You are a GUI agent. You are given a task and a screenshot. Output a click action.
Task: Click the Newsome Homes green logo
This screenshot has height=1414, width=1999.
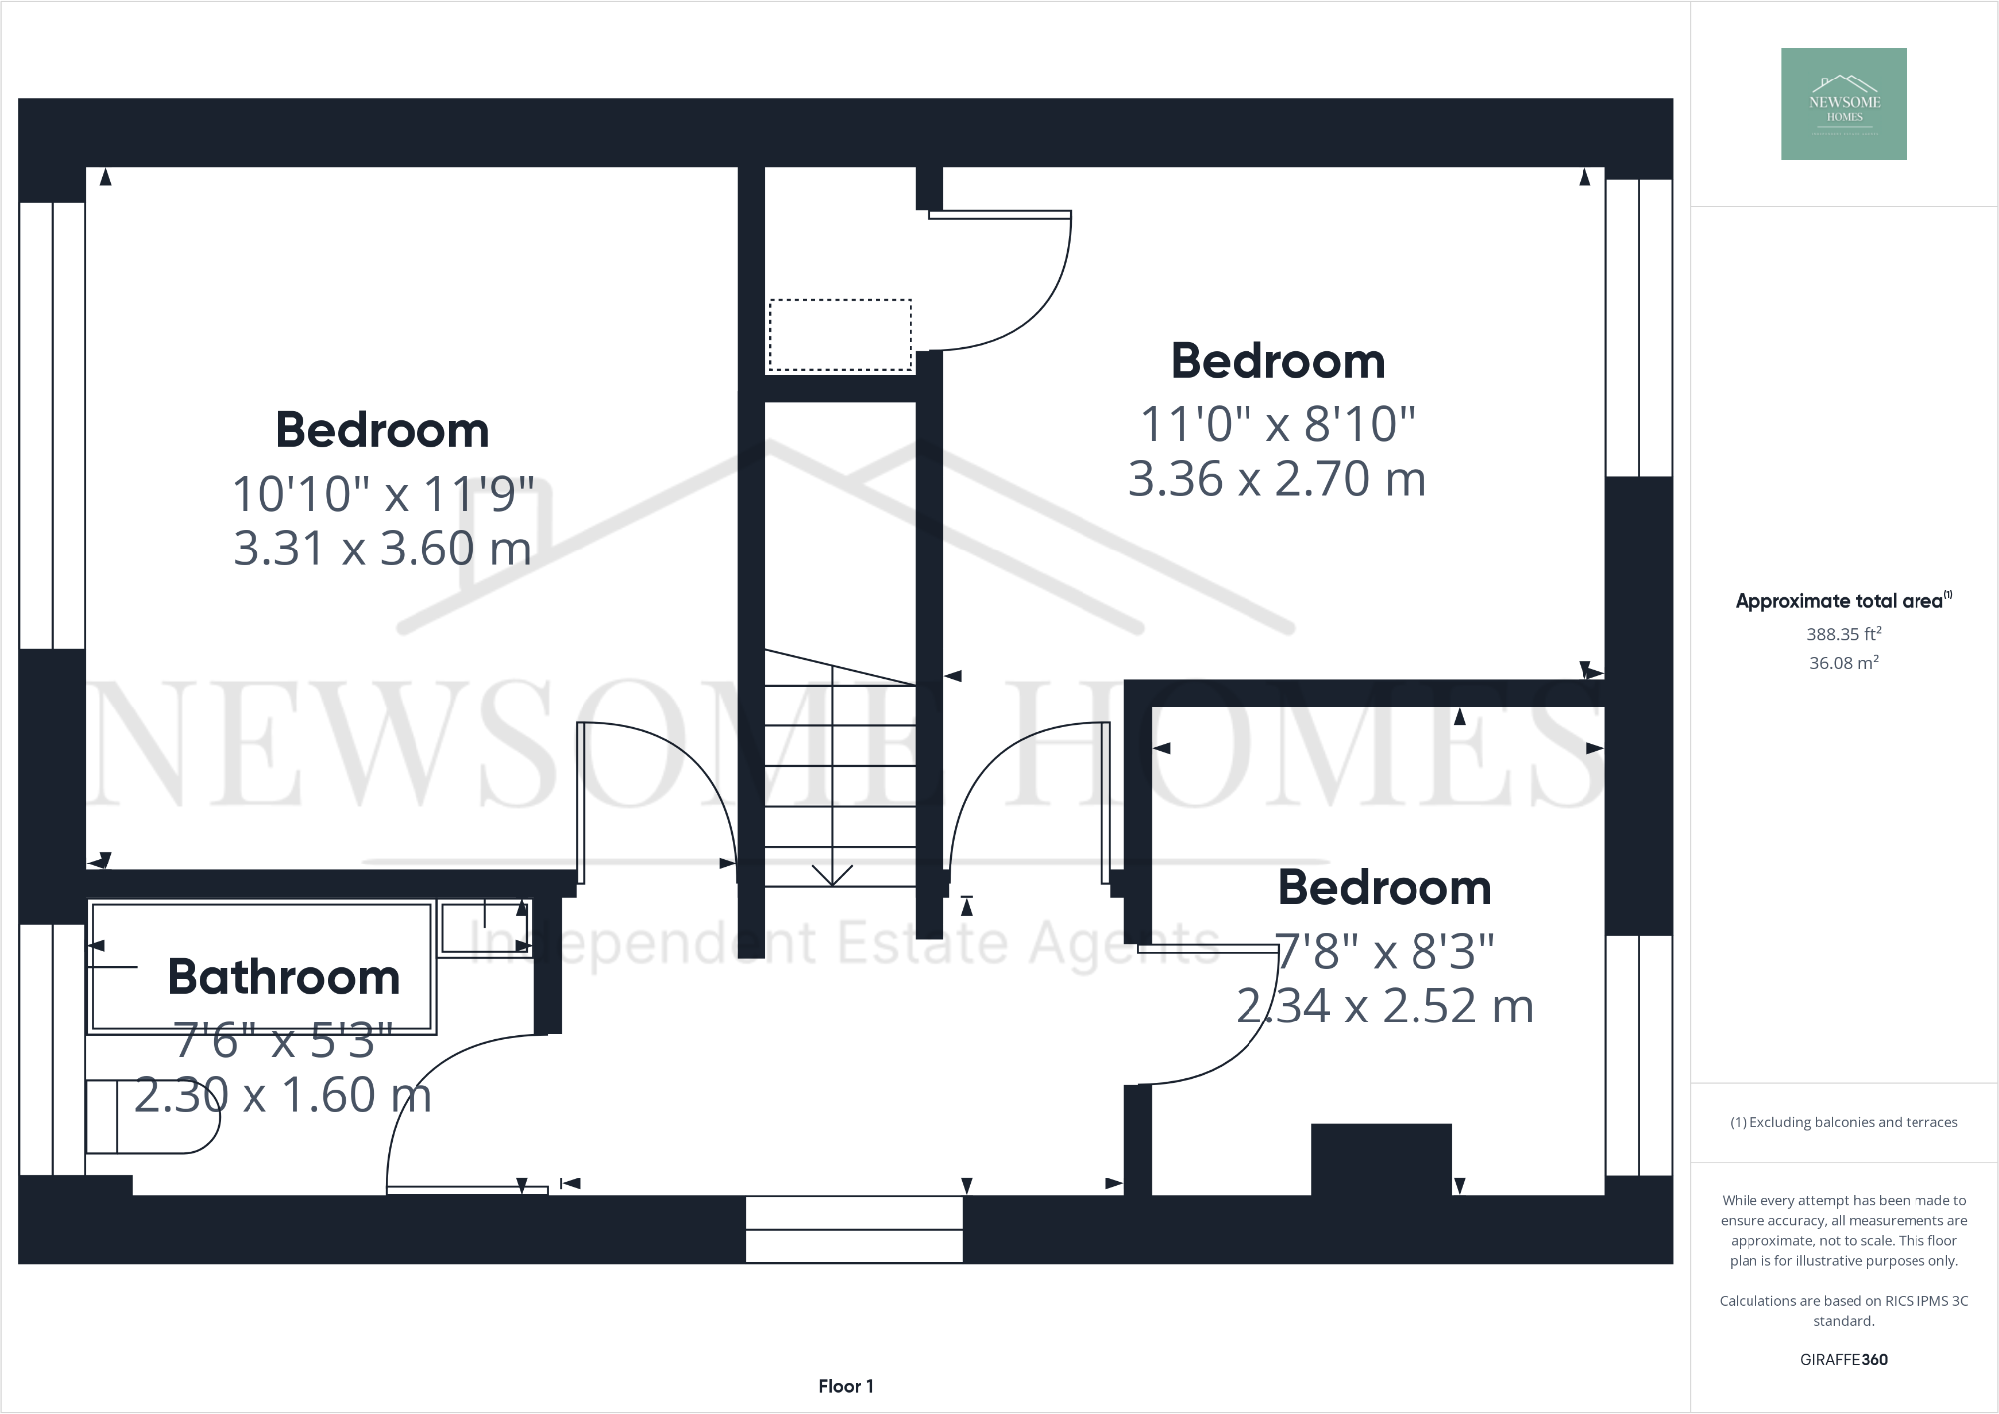point(1843,103)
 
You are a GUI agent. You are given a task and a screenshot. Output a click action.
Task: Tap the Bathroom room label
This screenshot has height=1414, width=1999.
point(283,977)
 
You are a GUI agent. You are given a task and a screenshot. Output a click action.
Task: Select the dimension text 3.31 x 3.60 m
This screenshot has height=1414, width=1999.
point(382,549)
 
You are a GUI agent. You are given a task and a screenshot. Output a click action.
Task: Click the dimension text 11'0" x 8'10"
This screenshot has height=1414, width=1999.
point(1277,424)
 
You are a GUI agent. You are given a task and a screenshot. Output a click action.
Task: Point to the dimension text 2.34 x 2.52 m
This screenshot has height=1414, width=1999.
point(1385,1006)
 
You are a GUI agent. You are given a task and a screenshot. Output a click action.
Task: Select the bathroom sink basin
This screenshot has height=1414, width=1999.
point(485,927)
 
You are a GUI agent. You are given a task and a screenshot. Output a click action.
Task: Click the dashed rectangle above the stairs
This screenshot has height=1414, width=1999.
point(840,335)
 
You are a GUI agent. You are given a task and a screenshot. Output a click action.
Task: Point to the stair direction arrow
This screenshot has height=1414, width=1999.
point(832,874)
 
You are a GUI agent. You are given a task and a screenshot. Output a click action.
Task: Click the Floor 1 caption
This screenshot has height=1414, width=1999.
point(846,1386)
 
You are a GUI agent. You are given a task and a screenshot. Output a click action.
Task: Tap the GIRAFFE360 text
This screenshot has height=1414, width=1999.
point(1843,1359)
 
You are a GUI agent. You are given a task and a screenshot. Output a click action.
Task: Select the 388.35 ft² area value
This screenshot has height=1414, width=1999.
point(1843,634)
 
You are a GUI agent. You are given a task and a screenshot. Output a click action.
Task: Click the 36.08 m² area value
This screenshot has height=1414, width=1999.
point(1843,663)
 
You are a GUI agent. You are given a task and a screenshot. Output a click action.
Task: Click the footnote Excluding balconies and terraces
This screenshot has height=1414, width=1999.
point(1843,1122)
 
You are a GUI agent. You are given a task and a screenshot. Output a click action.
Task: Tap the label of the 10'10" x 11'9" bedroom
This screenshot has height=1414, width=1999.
point(382,430)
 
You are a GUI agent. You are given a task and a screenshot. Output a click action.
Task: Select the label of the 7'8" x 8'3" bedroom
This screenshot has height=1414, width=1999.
point(1385,888)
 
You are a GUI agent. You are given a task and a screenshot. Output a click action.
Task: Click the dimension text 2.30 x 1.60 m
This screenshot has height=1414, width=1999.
point(283,1095)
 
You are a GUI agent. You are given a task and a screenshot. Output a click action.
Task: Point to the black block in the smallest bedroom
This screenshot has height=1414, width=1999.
point(1381,1159)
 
